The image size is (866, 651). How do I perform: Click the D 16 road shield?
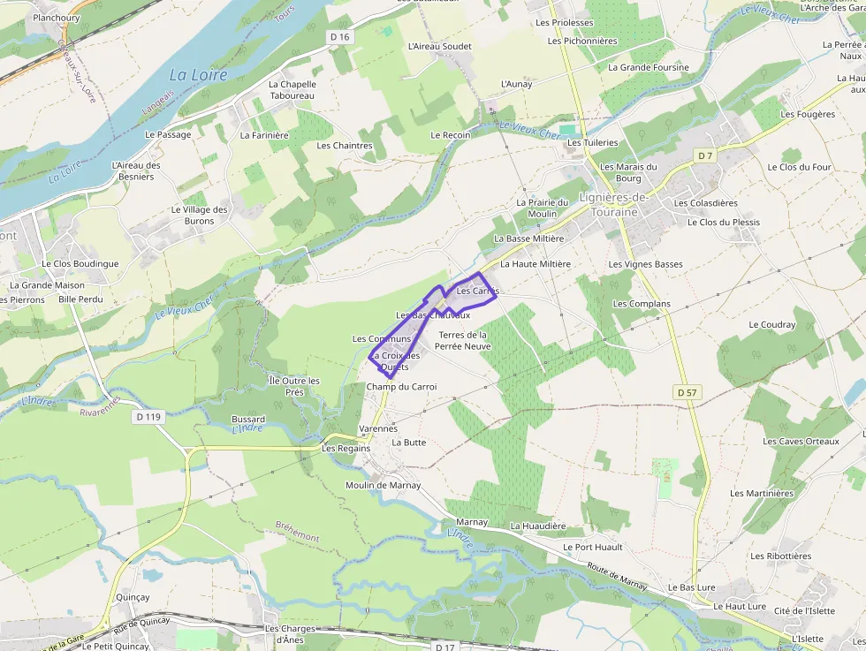tap(340, 36)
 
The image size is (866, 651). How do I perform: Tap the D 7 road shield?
tap(704, 155)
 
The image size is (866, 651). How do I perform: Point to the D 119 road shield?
tap(148, 415)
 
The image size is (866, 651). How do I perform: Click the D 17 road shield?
tap(444, 647)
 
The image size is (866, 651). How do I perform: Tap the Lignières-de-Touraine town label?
tap(613, 205)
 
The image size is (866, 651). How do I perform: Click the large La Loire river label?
tap(198, 75)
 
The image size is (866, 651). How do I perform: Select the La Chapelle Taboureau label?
tap(292, 90)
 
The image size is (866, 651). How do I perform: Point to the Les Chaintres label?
tap(345, 146)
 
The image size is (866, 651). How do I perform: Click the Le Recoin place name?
tap(451, 135)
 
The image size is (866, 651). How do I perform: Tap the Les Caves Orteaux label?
tap(801, 442)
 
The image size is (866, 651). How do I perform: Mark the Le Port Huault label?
tap(593, 547)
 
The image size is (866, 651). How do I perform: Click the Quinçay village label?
tap(133, 597)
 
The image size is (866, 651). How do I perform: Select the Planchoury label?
tap(57, 18)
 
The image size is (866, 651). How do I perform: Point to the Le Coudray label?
tap(772, 324)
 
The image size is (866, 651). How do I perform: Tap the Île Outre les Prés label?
tap(294, 386)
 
